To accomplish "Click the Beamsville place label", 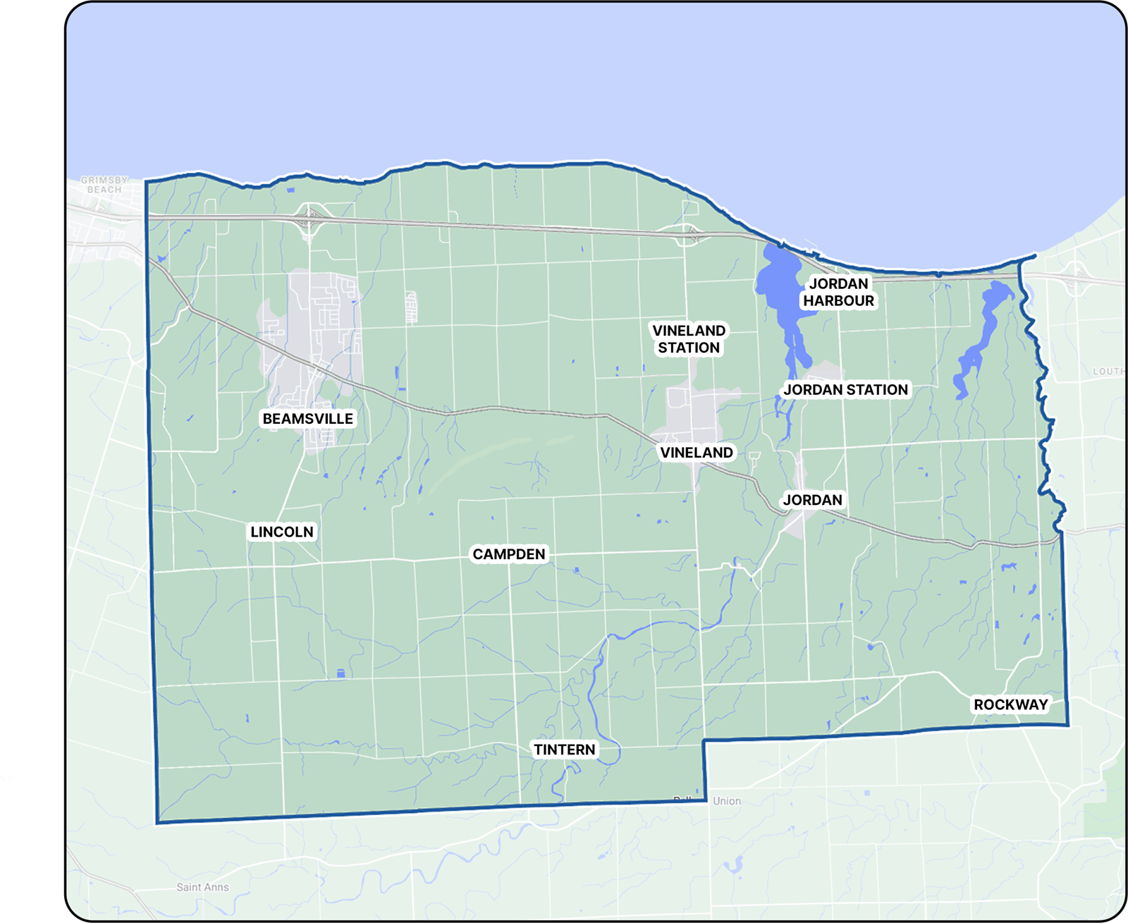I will pyautogui.click(x=307, y=419).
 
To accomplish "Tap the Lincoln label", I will pyautogui.click(x=282, y=532).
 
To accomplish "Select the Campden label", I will pyautogui.click(x=509, y=554).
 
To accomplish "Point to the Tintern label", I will pyautogui.click(x=565, y=750).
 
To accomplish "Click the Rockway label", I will pyautogui.click(x=1011, y=704).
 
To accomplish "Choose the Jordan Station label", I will pyautogui.click(x=846, y=390).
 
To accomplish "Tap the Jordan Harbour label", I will pyautogui.click(x=839, y=293).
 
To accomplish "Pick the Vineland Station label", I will pyautogui.click(x=689, y=339).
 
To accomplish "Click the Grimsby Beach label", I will pyautogui.click(x=104, y=185).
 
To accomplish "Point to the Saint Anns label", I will pyautogui.click(x=202, y=887).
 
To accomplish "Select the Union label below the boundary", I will pyautogui.click(x=727, y=801).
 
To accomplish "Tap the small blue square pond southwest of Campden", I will pyautogui.click(x=341, y=674).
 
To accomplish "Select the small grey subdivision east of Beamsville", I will pyautogui.click(x=411, y=307).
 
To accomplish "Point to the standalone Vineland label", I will pyautogui.click(x=697, y=453).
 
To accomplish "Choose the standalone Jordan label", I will pyautogui.click(x=813, y=500).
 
